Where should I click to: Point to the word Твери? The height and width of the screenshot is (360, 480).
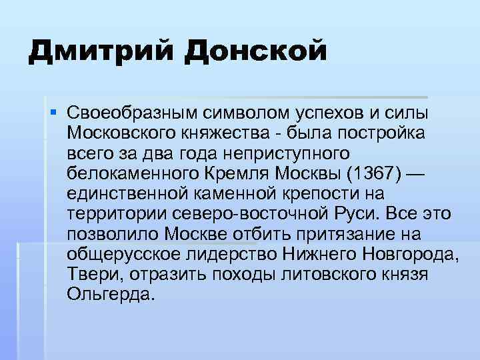click(x=93, y=275)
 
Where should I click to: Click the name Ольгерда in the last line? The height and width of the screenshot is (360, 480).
click(x=111, y=295)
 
